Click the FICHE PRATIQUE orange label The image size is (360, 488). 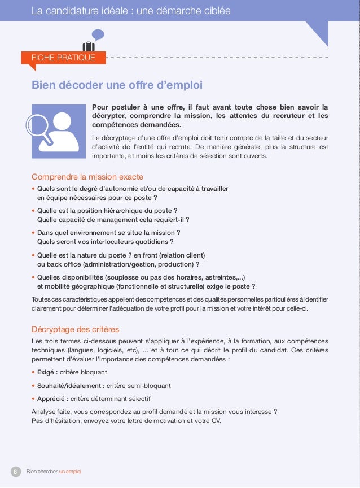click(63, 58)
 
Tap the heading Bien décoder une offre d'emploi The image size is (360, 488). click(117, 85)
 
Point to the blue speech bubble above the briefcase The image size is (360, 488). click(98, 35)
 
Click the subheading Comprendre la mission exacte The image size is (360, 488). click(87, 177)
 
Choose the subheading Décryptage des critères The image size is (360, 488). click(75, 329)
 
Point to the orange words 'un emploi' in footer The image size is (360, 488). click(70, 472)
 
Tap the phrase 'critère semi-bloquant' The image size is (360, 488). click(139, 386)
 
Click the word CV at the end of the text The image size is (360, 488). click(216, 421)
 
